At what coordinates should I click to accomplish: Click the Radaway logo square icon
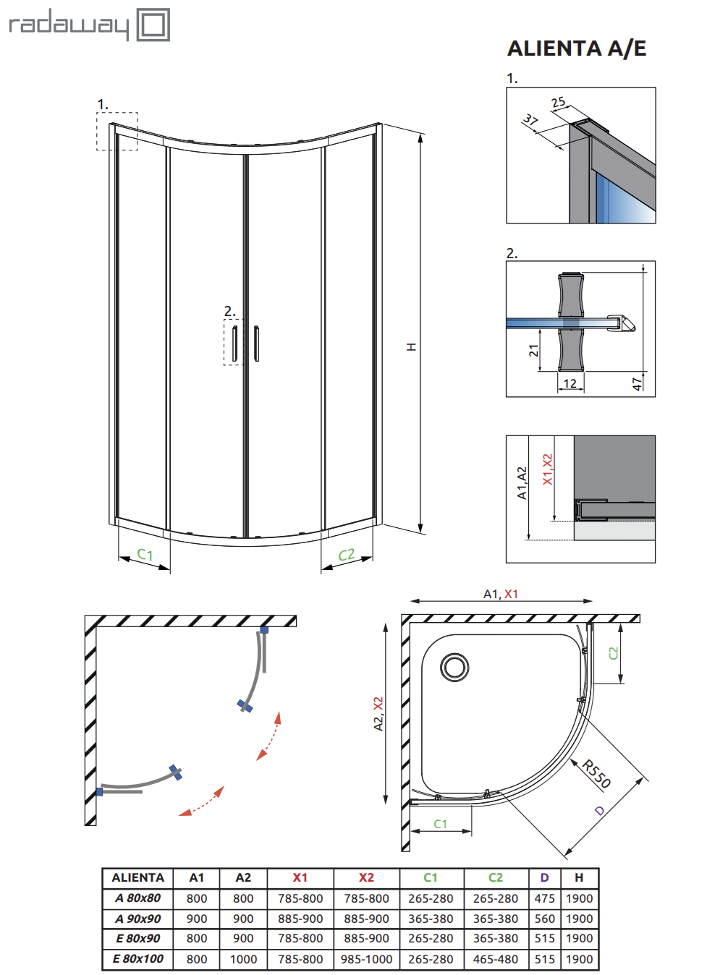tap(153, 25)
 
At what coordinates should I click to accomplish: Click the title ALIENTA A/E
tap(577, 48)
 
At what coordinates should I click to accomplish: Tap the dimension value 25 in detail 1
tap(558, 103)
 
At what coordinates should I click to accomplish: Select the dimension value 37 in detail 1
tap(530, 120)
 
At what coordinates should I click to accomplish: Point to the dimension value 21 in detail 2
tap(533, 351)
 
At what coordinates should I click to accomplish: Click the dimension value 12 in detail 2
tap(570, 383)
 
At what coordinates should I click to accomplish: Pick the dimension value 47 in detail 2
tap(637, 383)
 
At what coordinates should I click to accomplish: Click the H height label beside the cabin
tap(411, 347)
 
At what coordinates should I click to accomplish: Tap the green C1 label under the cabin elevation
tap(145, 555)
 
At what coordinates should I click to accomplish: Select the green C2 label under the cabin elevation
tap(347, 555)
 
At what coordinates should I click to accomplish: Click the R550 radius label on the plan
tap(596, 774)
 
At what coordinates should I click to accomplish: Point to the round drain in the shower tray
tap(455, 667)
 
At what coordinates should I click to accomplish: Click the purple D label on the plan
tap(599, 811)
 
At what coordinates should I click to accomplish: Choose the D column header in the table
tap(544, 877)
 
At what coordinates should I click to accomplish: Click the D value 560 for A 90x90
tap(544, 919)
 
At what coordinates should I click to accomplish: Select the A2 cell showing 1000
tap(243, 959)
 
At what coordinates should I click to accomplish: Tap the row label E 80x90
tap(137, 938)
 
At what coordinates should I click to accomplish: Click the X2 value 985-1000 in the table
tap(366, 959)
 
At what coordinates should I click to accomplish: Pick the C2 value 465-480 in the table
tap(496, 959)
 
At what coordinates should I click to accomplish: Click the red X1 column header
tap(300, 877)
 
